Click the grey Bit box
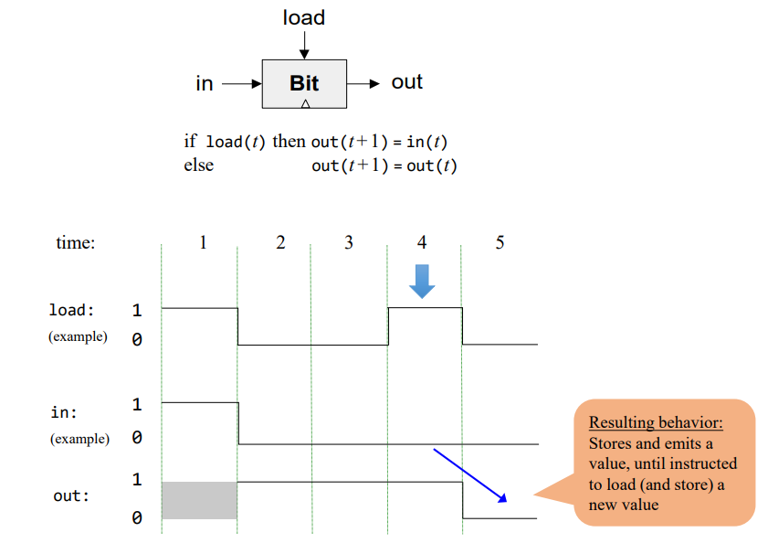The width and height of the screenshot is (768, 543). coord(304,83)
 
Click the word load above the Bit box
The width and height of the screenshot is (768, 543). coord(303,17)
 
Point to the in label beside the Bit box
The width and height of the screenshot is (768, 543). coord(205,83)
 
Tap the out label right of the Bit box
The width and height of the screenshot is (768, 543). coord(406,82)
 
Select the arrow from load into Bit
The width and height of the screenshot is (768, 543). coord(304,45)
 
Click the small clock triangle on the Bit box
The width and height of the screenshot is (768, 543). coord(305,103)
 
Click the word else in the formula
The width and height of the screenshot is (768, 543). coord(198,165)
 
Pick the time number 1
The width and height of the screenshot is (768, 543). coord(203,242)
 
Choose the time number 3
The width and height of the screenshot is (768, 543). coord(349,242)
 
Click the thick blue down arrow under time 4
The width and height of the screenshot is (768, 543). coord(421,281)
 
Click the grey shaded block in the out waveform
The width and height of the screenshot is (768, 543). coord(199,500)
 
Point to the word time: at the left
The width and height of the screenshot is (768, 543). coord(76,243)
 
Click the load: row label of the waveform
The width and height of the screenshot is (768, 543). coord(71,310)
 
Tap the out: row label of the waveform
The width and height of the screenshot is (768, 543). coord(72,496)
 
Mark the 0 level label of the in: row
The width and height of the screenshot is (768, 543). coord(137,438)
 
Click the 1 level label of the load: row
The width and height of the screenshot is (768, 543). coord(137,309)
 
